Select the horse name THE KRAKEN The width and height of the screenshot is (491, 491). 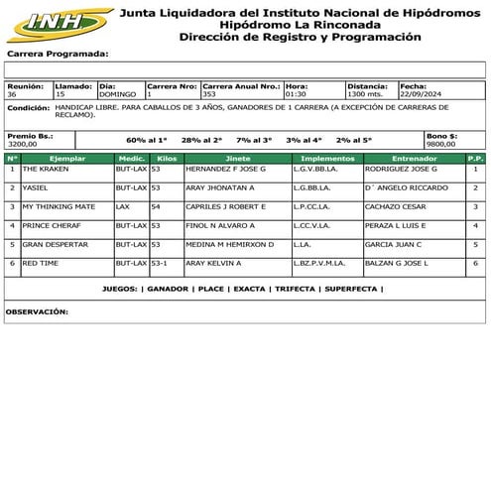44,170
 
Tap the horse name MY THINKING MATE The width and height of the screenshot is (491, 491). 59,206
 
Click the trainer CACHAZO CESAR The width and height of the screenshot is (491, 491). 397,206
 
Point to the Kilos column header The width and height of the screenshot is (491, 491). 167,158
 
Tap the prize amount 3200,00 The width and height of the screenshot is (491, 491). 23,144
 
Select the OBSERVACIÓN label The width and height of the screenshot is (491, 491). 37,311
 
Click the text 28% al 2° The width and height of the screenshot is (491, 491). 201,140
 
